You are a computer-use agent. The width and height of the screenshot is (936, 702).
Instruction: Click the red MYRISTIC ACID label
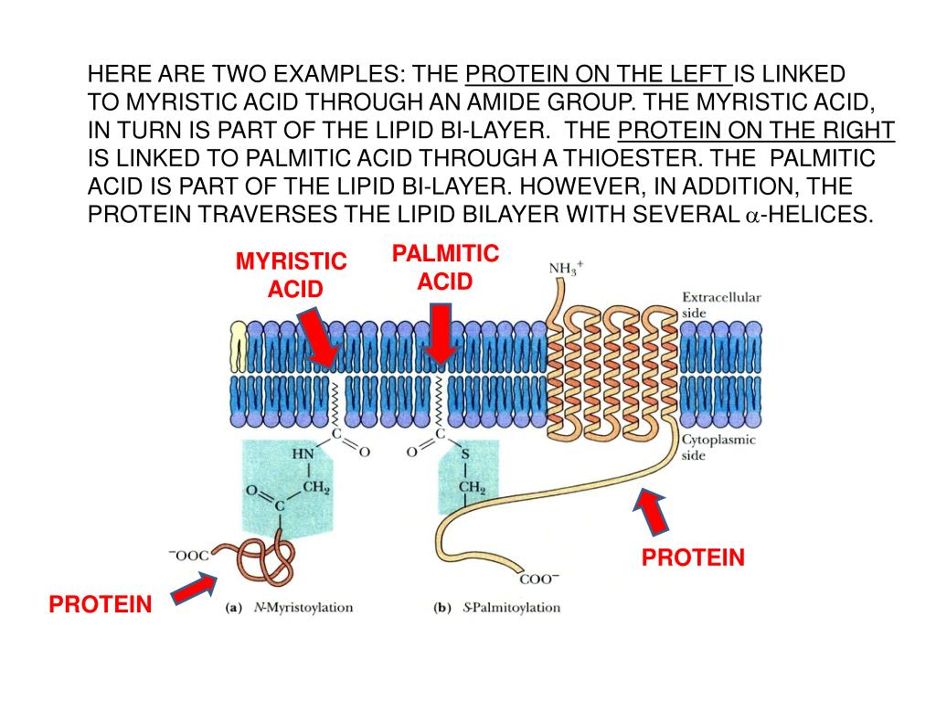pos(292,275)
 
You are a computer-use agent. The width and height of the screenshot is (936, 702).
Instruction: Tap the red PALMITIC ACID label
pos(445,267)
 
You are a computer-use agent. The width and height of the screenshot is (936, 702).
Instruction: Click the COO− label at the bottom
pos(539,579)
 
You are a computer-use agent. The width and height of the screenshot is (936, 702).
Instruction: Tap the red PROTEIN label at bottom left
pos(101,604)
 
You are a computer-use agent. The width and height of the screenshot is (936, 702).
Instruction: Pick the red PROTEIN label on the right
pos(693,558)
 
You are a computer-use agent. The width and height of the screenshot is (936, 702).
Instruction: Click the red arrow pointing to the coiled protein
pos(194,589)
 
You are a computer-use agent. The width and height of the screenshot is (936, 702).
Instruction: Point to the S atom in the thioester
pos(464,454)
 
